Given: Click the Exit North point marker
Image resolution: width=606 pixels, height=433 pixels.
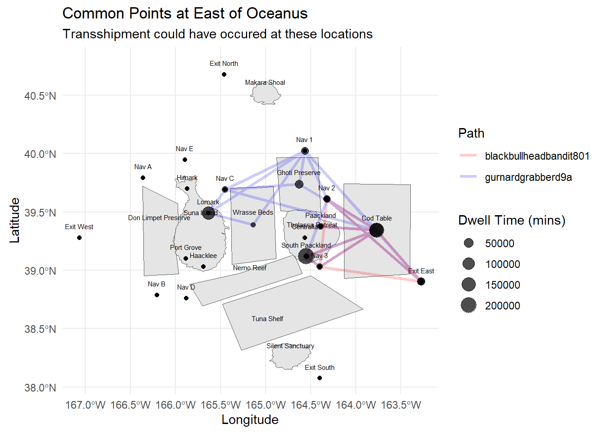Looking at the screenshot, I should (x=224, y=74).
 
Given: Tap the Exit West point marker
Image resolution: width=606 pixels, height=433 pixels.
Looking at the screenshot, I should (x=79, y=238).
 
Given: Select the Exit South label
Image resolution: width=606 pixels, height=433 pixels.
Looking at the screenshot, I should (x=319, y=368).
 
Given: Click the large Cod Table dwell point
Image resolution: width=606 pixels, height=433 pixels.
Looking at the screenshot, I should (x=376, y=230).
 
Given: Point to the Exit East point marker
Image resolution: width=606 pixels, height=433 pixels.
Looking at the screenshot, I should (x=421, y=281).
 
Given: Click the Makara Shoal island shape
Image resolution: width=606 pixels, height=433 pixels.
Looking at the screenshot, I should (x=266, y=95).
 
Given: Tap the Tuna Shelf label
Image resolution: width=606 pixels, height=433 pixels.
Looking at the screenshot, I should (x=267, y=319).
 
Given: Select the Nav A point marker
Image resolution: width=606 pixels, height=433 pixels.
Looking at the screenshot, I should (x=143, y=178).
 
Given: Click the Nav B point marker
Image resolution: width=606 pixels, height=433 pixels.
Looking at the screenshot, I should (x=157, y=295).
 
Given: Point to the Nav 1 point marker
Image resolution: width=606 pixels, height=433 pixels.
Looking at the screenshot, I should (x=305, y=151).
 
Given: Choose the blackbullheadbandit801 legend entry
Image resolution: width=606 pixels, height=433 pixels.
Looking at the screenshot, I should (x=537, y=156).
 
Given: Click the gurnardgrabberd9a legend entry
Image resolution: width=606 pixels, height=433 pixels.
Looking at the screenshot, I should (x=528, y=177).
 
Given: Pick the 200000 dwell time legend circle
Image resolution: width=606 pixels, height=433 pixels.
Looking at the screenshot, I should (x=469, y=305).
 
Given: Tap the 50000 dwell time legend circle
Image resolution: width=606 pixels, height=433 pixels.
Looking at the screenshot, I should (x=469, y=243).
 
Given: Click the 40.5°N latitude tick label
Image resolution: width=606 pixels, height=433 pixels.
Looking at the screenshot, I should (x=40, y=96).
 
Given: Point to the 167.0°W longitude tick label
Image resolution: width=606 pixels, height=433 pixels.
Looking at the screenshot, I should (x=85, y=405).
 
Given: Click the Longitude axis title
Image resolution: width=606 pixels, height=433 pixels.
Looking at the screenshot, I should (x=250, y=419).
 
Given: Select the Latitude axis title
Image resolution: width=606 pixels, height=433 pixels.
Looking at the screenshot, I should (x=15, y=220).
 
